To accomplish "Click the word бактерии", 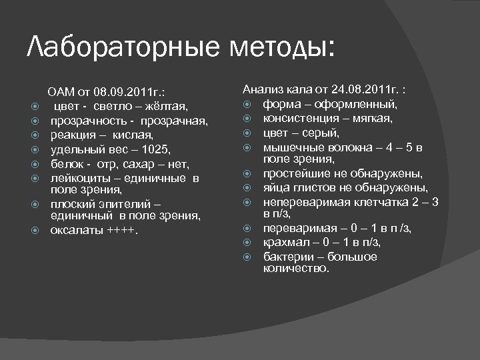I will (287, 257).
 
